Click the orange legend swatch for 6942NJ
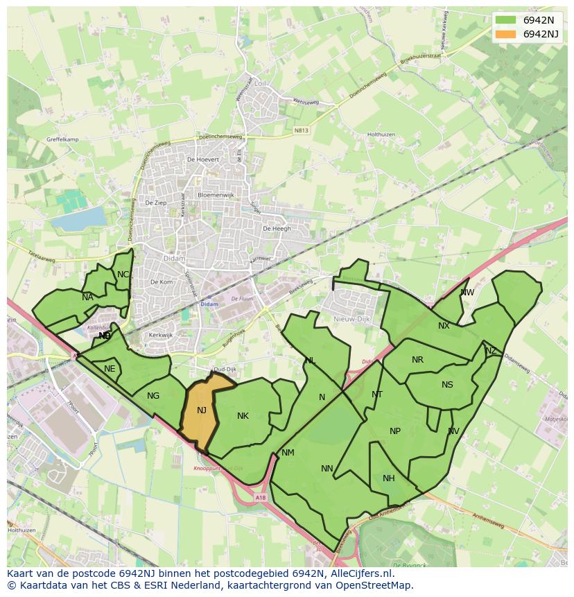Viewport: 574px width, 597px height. pyautogui.click(x=506, y=34)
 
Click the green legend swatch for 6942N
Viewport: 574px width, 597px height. pyautogui.click(x=506, y=20)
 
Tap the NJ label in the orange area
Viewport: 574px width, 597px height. pyautogui.click(x=202, y=410)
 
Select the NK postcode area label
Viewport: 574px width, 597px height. pyautogui.click(x=243, y=416)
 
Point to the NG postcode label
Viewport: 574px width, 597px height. pyautogui.click(x=153, y=396)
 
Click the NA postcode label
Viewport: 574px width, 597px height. pyautogui.click(x=87, y=297)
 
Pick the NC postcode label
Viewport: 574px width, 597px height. pyautogui.click(x=123, y=275)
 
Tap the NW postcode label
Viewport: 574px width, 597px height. pyautogui.click(x=467, y=293)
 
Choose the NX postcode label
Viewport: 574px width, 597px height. pyautogui.click(x=444, y=326)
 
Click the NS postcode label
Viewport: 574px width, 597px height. pyautogui.click(x=447, y=385)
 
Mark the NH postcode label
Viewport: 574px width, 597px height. pyautogui.click(x=388, y=478)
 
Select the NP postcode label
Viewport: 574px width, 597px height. pyautogui.click(x=395, y=431)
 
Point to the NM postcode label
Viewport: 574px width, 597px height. pyautogui.click(x=288, y=453)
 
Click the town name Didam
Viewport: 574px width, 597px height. pyautogui.click(x=173, y=258)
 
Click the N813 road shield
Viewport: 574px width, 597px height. pyautogui.click(x=301, y=130)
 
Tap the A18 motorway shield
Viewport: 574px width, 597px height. pyautogui.click(x=260, y=497)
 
